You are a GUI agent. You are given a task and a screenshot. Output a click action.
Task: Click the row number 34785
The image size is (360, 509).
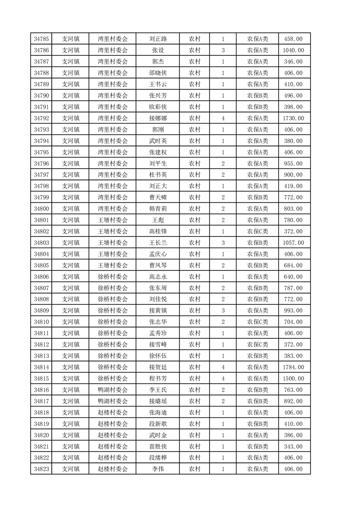(x=41, y=39)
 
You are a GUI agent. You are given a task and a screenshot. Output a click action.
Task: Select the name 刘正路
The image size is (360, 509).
(x=158, y=39)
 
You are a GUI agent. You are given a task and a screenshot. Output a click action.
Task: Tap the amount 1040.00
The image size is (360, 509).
(x=293, y=50)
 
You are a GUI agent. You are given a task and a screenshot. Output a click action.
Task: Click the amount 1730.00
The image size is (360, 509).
(x=293, y=118)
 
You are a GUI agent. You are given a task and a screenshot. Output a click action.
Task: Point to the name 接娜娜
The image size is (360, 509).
(x=158, y=118)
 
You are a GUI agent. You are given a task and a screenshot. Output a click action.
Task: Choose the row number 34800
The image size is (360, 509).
(x=41, y=209)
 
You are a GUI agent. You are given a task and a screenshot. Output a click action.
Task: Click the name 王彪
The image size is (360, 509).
(x=158, y=220)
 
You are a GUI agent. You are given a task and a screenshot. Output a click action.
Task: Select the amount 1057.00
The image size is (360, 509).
(x=293, y=243)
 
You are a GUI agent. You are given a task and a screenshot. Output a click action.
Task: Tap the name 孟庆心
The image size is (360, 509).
(x=158, y=254)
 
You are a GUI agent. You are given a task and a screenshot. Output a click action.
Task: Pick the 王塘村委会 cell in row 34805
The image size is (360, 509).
(x=113, y=265)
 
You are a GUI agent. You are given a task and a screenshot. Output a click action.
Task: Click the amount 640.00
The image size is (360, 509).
(x=293, y=277)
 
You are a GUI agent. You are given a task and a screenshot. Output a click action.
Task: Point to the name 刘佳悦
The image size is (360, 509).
(x=158, y=299)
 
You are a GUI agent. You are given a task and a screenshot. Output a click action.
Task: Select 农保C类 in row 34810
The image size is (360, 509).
(x=257, y=322)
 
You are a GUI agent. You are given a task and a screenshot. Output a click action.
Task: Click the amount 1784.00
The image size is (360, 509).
(x=293, y=367)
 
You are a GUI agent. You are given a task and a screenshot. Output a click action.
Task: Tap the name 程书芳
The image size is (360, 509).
(x=158, y=378)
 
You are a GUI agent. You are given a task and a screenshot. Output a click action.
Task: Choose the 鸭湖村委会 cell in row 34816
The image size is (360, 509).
(x=113, y=390)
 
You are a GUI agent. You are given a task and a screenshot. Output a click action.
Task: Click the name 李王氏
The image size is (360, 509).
(x=158, y=390)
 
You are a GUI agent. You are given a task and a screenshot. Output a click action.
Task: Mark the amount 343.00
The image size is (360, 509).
(x=293, y=446)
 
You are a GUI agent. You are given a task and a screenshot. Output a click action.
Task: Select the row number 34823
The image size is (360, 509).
(x=41, y=469)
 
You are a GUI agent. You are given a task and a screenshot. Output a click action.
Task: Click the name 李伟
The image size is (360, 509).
(x=158, y=469)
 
